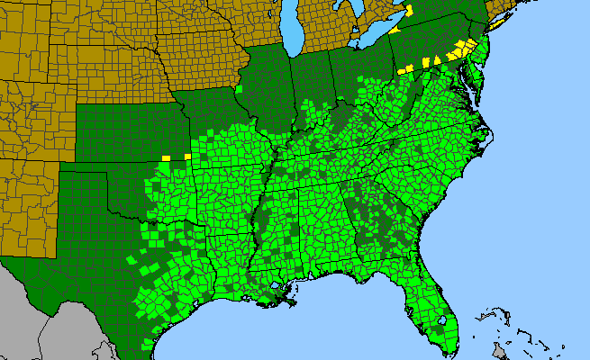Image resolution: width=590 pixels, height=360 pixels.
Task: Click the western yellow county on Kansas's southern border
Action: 166,158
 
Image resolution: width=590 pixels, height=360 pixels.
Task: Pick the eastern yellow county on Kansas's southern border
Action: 187,157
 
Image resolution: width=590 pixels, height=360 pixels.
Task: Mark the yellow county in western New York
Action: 410,11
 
